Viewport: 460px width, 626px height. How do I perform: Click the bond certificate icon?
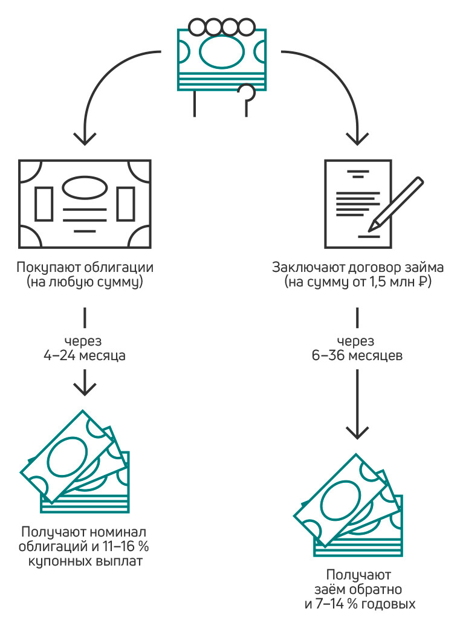pyautogui.click(x=85, y=204)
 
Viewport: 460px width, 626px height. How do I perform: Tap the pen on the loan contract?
pyautogui.click(x=395, y=204)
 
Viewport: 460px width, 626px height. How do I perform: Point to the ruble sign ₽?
pyautogui.click(x=423, y=282)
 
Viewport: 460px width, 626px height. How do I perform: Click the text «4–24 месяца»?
pyautogui.click(x=84, y=355)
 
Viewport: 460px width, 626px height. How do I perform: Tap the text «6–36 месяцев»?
pyautogui.click(x=357, y=355)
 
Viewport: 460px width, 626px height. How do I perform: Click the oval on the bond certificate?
pyautogui.click(x=85, y=187)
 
